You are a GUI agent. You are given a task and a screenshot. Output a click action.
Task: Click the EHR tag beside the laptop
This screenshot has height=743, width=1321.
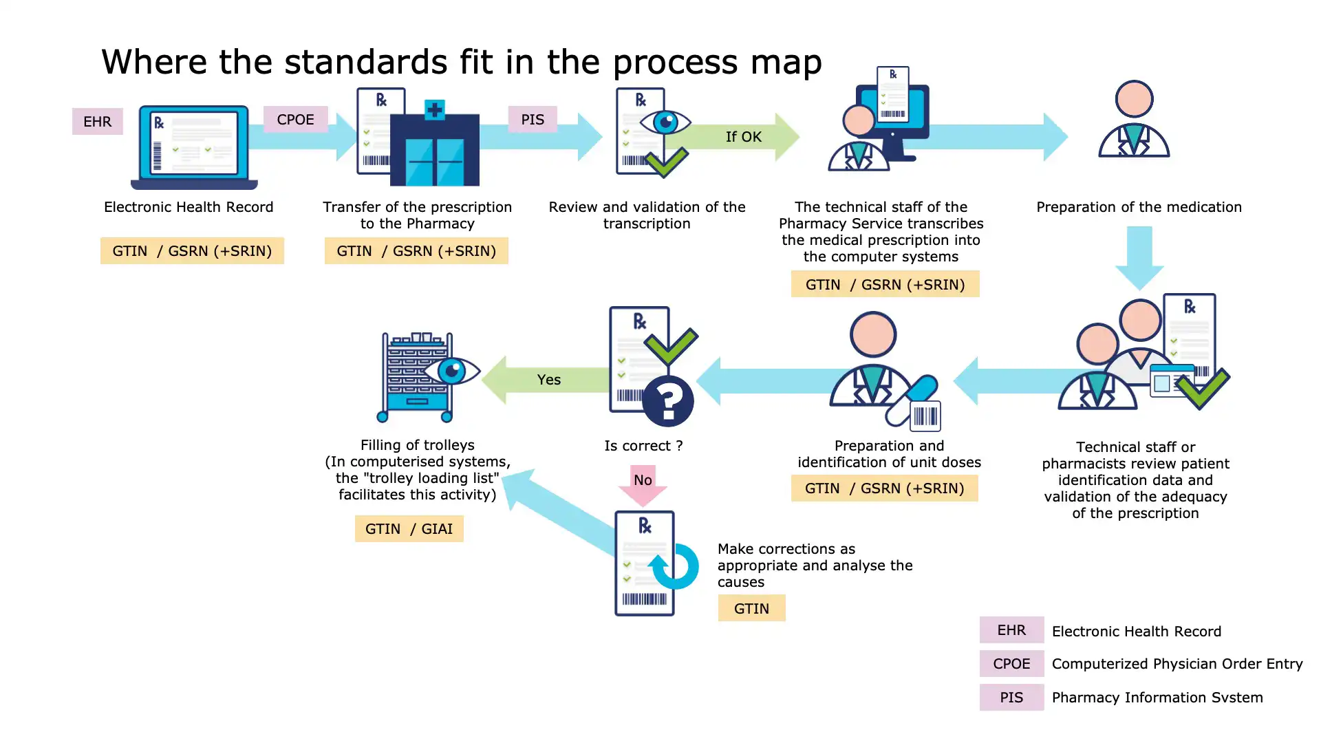(97, 122)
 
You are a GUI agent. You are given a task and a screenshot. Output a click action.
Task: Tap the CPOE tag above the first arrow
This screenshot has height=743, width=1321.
(295, 120)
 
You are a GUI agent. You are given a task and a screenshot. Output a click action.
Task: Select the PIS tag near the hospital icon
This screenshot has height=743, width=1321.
(532, 120)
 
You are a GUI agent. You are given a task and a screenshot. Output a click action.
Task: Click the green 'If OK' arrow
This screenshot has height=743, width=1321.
(744, 137)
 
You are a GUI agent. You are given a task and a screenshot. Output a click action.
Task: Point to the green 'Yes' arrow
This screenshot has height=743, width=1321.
(548, 380)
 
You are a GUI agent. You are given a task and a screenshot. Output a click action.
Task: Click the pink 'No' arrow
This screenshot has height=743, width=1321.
(643, 484)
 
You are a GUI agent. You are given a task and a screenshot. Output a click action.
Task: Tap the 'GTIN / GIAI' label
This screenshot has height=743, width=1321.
(409, 529)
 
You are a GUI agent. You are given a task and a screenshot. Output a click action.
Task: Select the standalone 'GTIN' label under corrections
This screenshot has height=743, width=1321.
(751, 609)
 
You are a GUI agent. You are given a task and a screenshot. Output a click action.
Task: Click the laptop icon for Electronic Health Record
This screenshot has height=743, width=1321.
(194, 147)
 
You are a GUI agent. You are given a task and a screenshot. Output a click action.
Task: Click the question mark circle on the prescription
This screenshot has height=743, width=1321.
(668, 401)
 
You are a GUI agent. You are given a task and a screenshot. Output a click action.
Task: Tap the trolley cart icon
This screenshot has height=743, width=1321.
(417, 377)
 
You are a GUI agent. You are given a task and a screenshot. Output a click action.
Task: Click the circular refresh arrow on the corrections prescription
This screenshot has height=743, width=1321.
(675, 567)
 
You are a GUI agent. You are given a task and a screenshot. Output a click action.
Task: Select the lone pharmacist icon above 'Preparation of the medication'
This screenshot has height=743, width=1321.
(1134, 120)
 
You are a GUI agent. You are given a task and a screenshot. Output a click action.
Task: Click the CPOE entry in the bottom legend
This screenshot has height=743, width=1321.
(1011, 664)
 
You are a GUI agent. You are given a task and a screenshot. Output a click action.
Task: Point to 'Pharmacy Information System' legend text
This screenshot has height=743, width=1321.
(1157, 698)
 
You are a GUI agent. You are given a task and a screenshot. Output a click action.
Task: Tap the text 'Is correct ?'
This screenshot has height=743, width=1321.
(643, 446)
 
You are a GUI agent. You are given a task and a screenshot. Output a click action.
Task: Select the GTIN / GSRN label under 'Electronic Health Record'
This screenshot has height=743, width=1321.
(192, 251)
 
